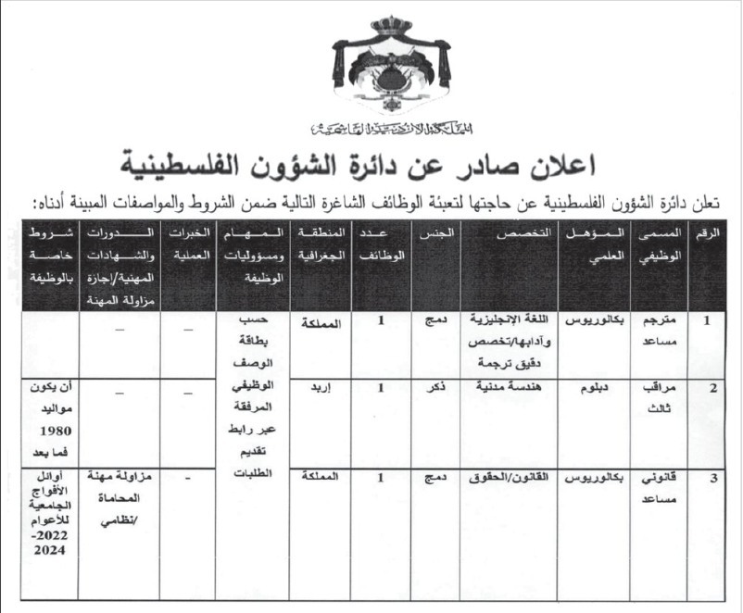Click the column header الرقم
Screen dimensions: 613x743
(710, 238)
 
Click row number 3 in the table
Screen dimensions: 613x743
(712, 479)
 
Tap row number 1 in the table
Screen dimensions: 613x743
(710, 321)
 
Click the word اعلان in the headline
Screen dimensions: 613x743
(571, 166)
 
